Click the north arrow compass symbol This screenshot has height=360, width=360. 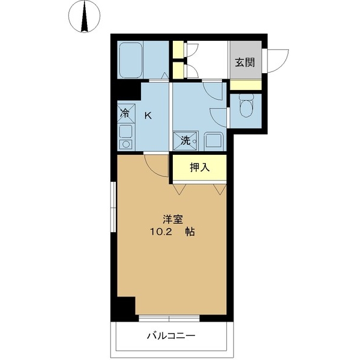click(84, 16)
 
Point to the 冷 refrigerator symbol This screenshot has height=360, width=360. click(125, 112)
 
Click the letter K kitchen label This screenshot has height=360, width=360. click(148, 115)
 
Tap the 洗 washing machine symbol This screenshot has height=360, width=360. click(185, 140)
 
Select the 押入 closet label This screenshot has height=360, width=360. click(200, 168)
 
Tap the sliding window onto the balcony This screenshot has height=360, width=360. click(169, 316)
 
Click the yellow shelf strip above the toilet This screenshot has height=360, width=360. click(245, 84)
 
